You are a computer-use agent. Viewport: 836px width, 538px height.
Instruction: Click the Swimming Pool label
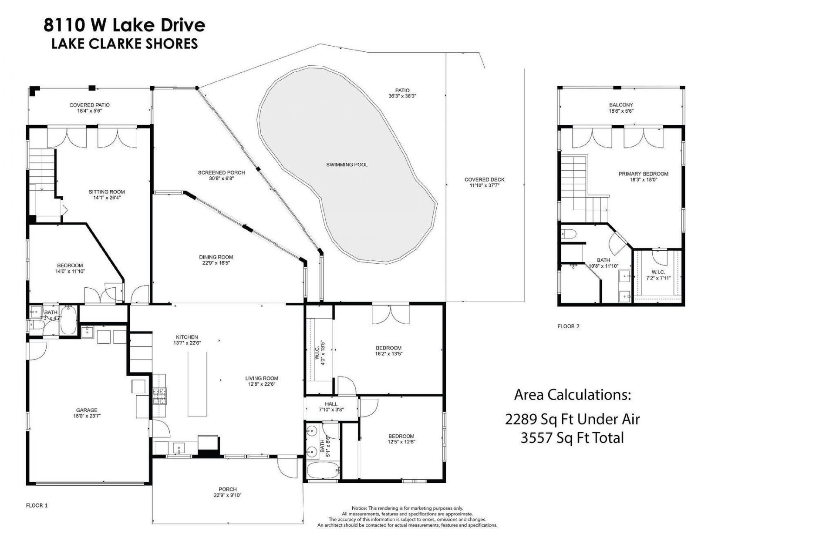tap(347, 165)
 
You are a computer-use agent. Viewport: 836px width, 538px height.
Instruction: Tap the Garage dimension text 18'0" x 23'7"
tap(87, 416)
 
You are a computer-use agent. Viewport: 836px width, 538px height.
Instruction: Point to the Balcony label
tap(621, 105)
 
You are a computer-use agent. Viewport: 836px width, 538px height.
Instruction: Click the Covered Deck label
tap(484, 179)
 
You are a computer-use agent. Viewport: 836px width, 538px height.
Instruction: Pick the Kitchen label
tap(187, 337)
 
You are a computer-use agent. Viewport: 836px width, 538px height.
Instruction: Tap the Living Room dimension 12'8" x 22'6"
tap(261, 384)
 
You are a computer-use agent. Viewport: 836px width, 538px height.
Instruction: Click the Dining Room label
tap(216, 257)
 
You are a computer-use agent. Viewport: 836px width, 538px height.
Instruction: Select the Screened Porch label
tap(221, 172)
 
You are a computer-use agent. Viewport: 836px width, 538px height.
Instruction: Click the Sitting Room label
tap(107, 192)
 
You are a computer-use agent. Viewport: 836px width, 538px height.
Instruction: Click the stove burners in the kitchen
tap(159, 395)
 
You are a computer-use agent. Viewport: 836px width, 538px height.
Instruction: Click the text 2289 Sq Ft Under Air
tap(572, 419)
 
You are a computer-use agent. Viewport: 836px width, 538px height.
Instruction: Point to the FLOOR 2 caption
tap(568, 326)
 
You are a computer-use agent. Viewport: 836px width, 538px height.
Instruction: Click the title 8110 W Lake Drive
tap(124, 25)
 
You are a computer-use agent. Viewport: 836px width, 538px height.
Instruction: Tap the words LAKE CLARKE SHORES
tap(125, 44)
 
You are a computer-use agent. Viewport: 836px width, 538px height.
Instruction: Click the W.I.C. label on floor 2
tap(658, 272)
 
